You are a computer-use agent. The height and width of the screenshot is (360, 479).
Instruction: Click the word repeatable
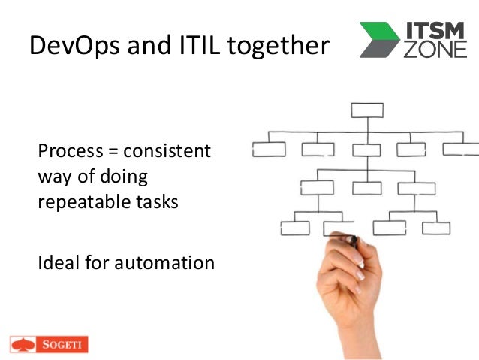83,201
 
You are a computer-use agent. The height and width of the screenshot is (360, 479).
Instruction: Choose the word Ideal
57,263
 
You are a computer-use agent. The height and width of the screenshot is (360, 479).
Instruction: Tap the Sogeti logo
50,344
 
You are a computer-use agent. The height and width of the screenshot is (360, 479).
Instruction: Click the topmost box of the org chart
367,110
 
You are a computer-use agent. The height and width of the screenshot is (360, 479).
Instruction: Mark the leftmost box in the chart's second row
268,149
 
